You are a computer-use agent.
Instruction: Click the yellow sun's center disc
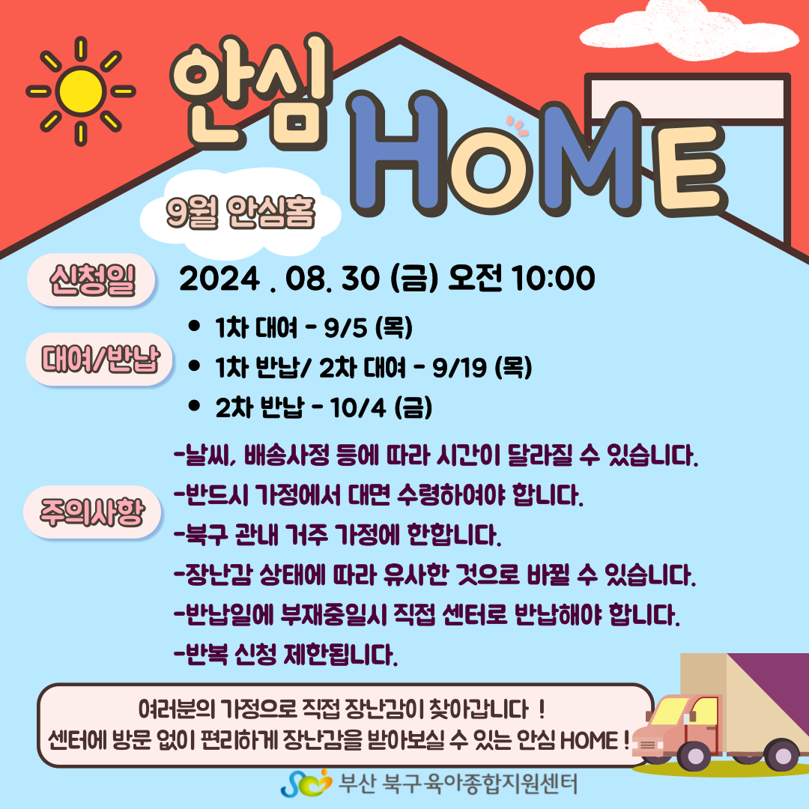pos(80,91)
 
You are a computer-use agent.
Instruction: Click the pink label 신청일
pos(91,280)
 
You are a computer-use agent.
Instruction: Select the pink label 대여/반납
pos(99,359)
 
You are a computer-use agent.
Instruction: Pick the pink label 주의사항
pos(92,512)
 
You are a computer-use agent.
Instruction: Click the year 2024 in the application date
pos(219,279)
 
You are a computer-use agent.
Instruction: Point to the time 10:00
pos(554,279)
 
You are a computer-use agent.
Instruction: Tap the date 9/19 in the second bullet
pos(459,368)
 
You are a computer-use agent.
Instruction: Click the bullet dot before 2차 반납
pos(194,406)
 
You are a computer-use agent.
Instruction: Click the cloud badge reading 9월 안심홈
pos(240,213)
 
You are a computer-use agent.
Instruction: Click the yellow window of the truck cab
pos(670,709)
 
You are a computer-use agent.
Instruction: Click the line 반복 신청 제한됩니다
pos(286,655)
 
